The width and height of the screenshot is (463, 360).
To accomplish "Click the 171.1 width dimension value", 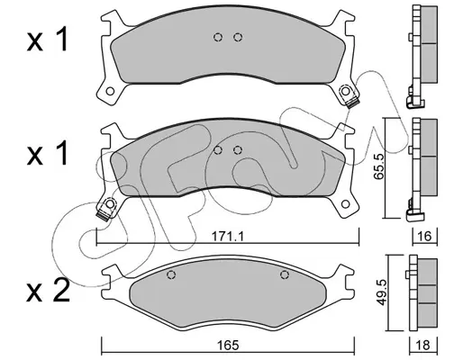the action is [228, 237].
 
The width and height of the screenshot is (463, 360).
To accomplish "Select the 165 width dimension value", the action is [229, 346].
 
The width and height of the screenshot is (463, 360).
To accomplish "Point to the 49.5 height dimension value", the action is [382, 292].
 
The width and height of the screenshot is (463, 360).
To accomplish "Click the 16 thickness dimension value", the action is [424, 237].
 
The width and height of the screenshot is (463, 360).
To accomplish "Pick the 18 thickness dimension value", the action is [423, 346].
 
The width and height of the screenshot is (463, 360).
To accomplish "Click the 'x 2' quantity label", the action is [48, 291].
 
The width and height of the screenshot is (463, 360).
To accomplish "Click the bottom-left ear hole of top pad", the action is [110, 91].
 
